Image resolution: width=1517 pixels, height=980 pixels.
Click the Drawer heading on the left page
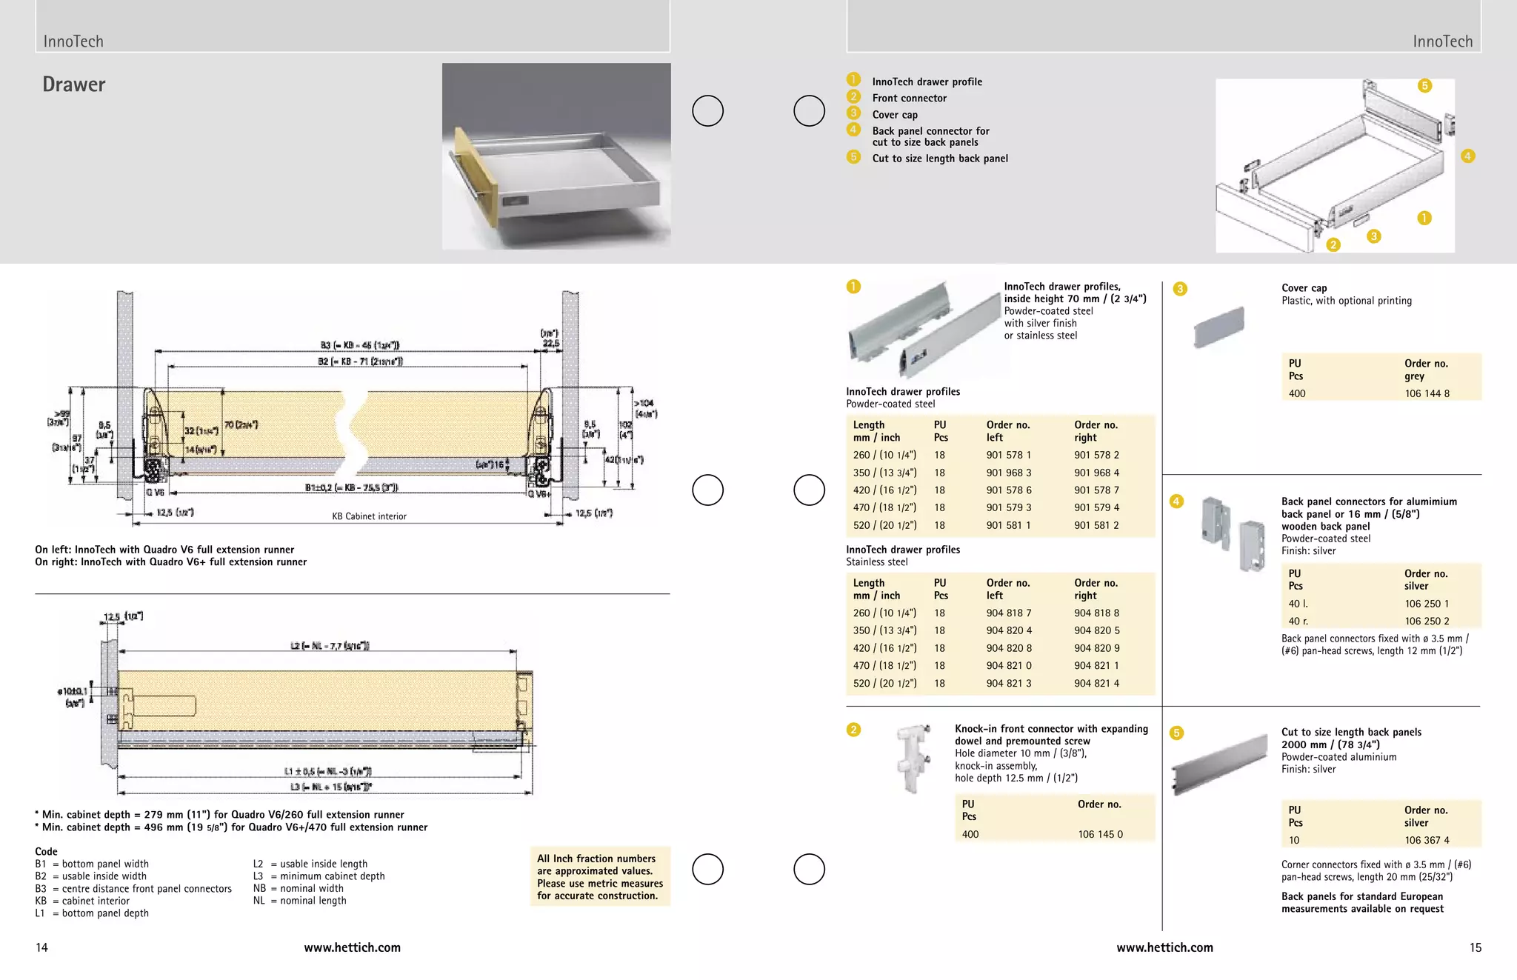74,84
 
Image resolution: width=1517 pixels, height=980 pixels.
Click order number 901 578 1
1008,455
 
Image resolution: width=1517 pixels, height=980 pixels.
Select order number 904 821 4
1096,683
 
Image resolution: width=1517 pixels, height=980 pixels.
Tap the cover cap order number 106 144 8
1427,393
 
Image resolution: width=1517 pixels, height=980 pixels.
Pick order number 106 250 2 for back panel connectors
1427,621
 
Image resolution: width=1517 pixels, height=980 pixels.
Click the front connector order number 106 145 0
1100,834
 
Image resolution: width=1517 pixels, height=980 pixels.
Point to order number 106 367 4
1427,840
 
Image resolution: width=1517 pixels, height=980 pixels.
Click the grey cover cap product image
1218,327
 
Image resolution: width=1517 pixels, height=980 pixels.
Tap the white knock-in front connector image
913,757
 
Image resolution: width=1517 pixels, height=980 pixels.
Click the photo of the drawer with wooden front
556,156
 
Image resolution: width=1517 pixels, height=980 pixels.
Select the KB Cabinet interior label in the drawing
369,516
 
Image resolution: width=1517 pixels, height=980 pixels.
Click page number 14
41,947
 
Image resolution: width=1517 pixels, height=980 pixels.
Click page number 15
1475,947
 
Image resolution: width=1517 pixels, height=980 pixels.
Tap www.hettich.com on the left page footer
352,947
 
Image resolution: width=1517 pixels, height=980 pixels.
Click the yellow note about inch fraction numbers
600,877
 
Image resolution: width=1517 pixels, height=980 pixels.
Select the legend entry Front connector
909,98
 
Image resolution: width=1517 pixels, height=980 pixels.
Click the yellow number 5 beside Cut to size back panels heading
1176,733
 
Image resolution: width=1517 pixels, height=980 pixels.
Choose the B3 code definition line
133,888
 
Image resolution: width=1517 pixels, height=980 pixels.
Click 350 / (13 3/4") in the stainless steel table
884,630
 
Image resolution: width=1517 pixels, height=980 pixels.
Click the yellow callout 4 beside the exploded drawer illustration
1467,156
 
